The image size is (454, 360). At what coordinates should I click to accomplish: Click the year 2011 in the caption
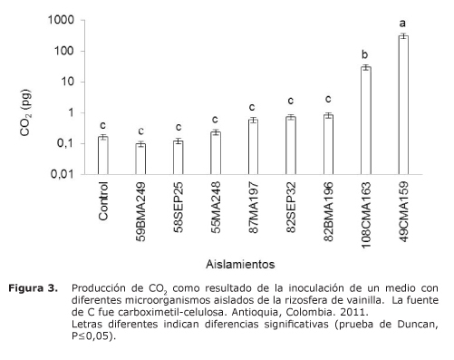pyautogui.click(x=348, y=312)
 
